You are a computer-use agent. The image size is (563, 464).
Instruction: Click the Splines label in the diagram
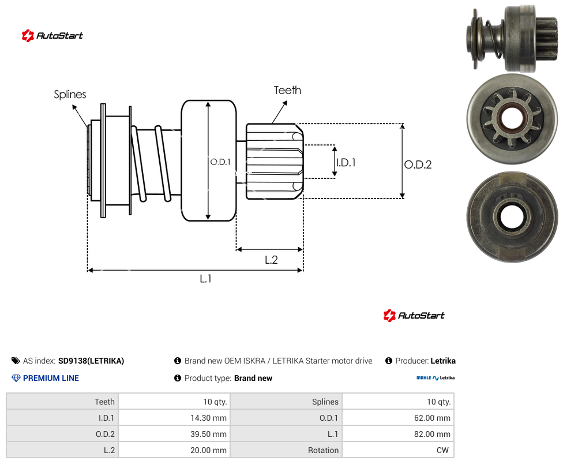[x=70, y=95]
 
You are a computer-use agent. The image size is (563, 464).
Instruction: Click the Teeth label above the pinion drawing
[x=287, y=90]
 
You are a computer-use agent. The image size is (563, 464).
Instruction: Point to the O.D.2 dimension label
[x=418, y=164]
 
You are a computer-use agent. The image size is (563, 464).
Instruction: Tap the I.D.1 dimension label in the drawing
[x=346, y=163]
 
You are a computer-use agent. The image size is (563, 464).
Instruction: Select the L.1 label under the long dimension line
[x=205, y=278]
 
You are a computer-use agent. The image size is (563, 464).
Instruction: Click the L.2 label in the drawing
[x=271, y=260]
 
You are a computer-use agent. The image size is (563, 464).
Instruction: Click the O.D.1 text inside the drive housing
[x=220, y=162]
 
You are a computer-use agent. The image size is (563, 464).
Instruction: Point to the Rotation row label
[x=323, y=450]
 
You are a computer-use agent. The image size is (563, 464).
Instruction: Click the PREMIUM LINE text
[x=51, y=378]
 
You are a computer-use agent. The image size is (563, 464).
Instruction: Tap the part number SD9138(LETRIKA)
[x=91, y=361]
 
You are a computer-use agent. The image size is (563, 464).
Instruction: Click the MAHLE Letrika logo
[x=435, y=378]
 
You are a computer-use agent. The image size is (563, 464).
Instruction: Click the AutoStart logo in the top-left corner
[x=52, y=36]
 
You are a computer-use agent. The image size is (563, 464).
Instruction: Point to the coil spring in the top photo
[x=494, y=39]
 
